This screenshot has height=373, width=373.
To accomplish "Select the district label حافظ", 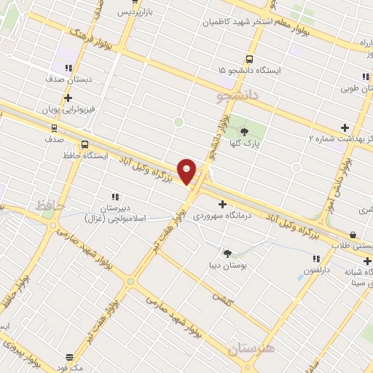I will tap(50, 207).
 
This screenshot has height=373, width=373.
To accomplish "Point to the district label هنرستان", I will tap(251, 349).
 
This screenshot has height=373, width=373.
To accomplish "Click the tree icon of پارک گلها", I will tap(244, 131).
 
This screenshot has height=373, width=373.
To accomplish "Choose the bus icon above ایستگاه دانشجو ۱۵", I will tap(249, 58).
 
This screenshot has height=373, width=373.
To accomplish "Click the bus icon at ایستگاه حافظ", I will tap(86, 144).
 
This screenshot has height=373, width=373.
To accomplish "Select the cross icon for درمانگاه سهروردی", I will tap(222, 204).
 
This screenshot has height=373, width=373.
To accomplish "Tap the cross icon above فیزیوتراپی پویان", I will tap(68, 98).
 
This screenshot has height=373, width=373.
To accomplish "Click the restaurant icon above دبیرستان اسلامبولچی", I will tap(114, 197).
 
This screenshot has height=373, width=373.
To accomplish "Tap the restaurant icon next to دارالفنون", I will tap(315, 259).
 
